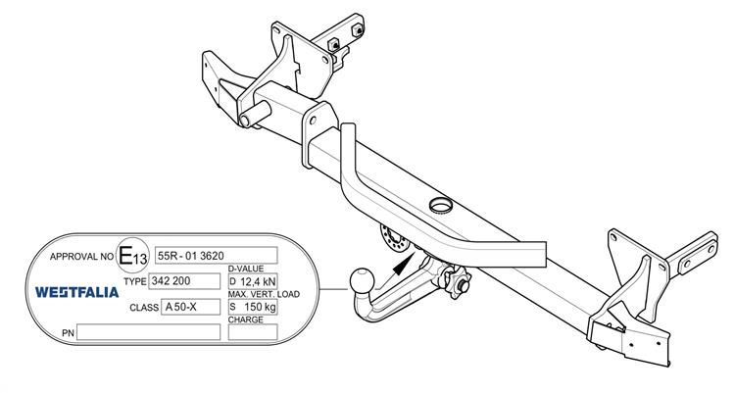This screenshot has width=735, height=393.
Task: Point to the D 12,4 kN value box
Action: [252, 281]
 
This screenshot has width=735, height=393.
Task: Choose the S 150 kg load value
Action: [252, 307]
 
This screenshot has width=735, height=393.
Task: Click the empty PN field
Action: [148, 332]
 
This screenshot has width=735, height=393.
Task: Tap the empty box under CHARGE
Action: [252, 332]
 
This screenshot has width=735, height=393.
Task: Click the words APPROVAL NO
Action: [80, 257]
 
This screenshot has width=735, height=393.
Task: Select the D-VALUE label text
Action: [248, 268]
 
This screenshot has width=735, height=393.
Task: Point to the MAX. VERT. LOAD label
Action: [263, 294]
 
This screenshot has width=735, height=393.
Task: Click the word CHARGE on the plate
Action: [247, 319]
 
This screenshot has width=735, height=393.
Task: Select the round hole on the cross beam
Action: [441, 205]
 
